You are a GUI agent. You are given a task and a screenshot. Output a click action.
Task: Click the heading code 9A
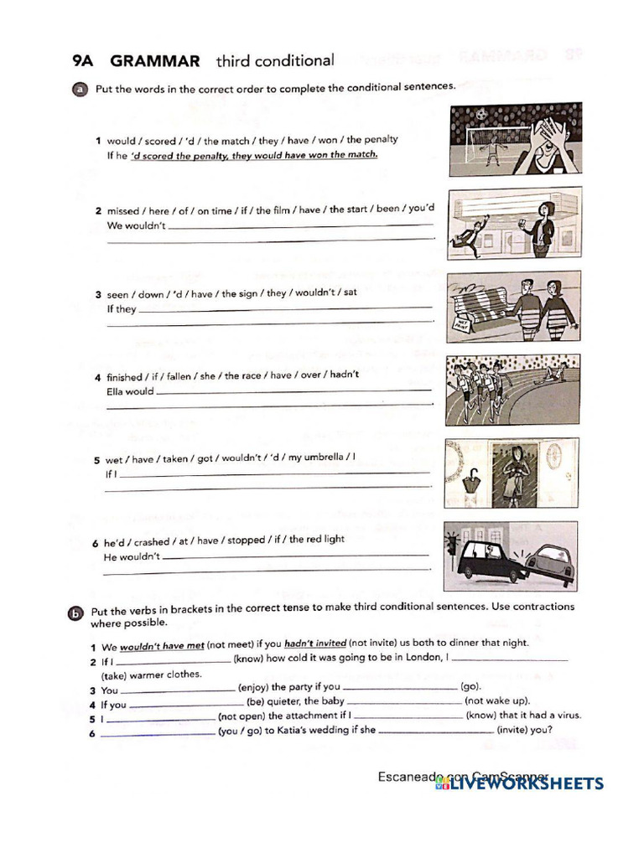click(85, 61)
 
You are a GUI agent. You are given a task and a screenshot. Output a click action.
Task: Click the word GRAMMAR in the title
click(155, 61)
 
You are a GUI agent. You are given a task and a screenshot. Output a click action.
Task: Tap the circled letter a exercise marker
click(80, 90)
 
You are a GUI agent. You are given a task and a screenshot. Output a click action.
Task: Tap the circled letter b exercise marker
click(76, 613)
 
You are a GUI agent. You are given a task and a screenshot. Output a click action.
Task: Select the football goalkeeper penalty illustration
click(514, 139)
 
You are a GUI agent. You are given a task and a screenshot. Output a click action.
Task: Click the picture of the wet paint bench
click(512, 306)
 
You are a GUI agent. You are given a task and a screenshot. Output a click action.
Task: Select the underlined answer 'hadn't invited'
click(315, 643)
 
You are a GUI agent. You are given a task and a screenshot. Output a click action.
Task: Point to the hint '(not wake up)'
click(497, 701)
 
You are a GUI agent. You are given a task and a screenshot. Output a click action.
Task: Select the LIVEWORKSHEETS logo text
click(526, 783)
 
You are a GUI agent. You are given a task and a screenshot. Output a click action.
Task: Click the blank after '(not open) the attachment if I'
click(408, 716)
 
